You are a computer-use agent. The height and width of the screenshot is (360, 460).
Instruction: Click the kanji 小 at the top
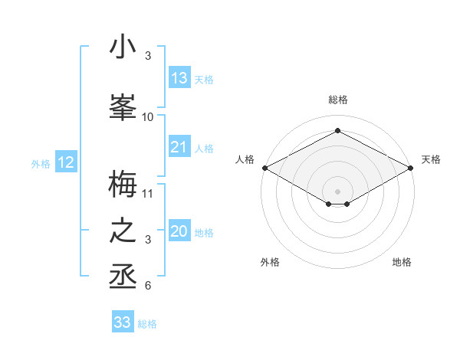(x=123, y=47)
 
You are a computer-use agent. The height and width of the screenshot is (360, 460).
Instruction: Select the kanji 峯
(x=123, y=106)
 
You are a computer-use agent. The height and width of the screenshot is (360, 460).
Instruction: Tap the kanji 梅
(x=123, y=184)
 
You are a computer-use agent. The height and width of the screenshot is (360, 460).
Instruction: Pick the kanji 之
(x=123, y=231)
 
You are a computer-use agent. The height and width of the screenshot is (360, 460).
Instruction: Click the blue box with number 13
(x=179, y=78)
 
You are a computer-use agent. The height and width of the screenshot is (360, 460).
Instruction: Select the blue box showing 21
(x=179, y=148)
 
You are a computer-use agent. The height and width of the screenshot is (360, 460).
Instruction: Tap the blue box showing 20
(x=179, y=232)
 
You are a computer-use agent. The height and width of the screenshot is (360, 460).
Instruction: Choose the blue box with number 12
(x=66, y=162)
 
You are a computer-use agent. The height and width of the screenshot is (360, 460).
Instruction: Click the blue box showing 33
(x=123, y=322)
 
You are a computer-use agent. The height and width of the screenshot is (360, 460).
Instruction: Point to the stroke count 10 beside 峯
(x=148, y=116)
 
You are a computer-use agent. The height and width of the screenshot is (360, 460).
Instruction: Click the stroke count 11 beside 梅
(x=148, y=193)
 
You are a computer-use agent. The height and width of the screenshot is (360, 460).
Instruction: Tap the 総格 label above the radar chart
(x=338, y=100)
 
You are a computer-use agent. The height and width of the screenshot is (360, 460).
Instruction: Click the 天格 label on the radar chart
(x=432, y=159)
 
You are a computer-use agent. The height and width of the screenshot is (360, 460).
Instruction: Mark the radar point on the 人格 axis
(x=264, y=167)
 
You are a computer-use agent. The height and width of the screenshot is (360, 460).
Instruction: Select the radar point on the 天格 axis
(x=412, y=167)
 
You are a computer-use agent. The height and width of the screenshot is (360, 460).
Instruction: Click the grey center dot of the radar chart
(x=338, y=191)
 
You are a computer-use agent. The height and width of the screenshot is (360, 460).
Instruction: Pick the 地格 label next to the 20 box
(x=204, y=233)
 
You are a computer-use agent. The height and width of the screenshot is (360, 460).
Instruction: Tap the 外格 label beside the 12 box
(x=40, y=163)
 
